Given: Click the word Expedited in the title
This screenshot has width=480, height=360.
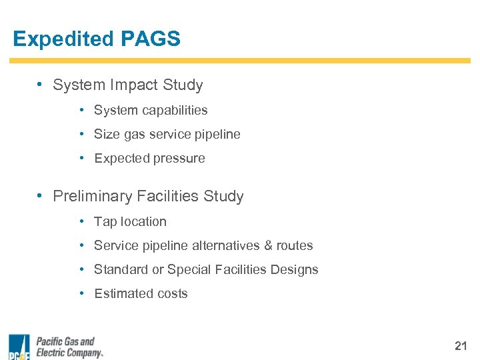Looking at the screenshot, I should pos(63,39).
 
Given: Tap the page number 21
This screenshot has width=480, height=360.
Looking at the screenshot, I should pos(461,345).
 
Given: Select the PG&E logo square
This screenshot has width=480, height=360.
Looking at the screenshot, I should pos(19,347).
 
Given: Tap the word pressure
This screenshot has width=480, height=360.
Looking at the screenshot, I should pos(179,159).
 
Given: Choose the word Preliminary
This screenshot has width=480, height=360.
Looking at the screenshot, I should pos(93,197).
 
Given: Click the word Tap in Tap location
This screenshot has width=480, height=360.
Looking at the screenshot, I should pos(105,222).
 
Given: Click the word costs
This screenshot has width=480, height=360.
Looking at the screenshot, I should pos(172,294).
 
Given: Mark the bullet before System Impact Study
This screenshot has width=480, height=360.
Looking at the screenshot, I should pos(41,85).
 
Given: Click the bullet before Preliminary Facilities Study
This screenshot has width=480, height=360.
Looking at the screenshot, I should pos(41,196).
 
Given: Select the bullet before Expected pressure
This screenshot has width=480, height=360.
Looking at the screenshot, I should pos(81,159).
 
